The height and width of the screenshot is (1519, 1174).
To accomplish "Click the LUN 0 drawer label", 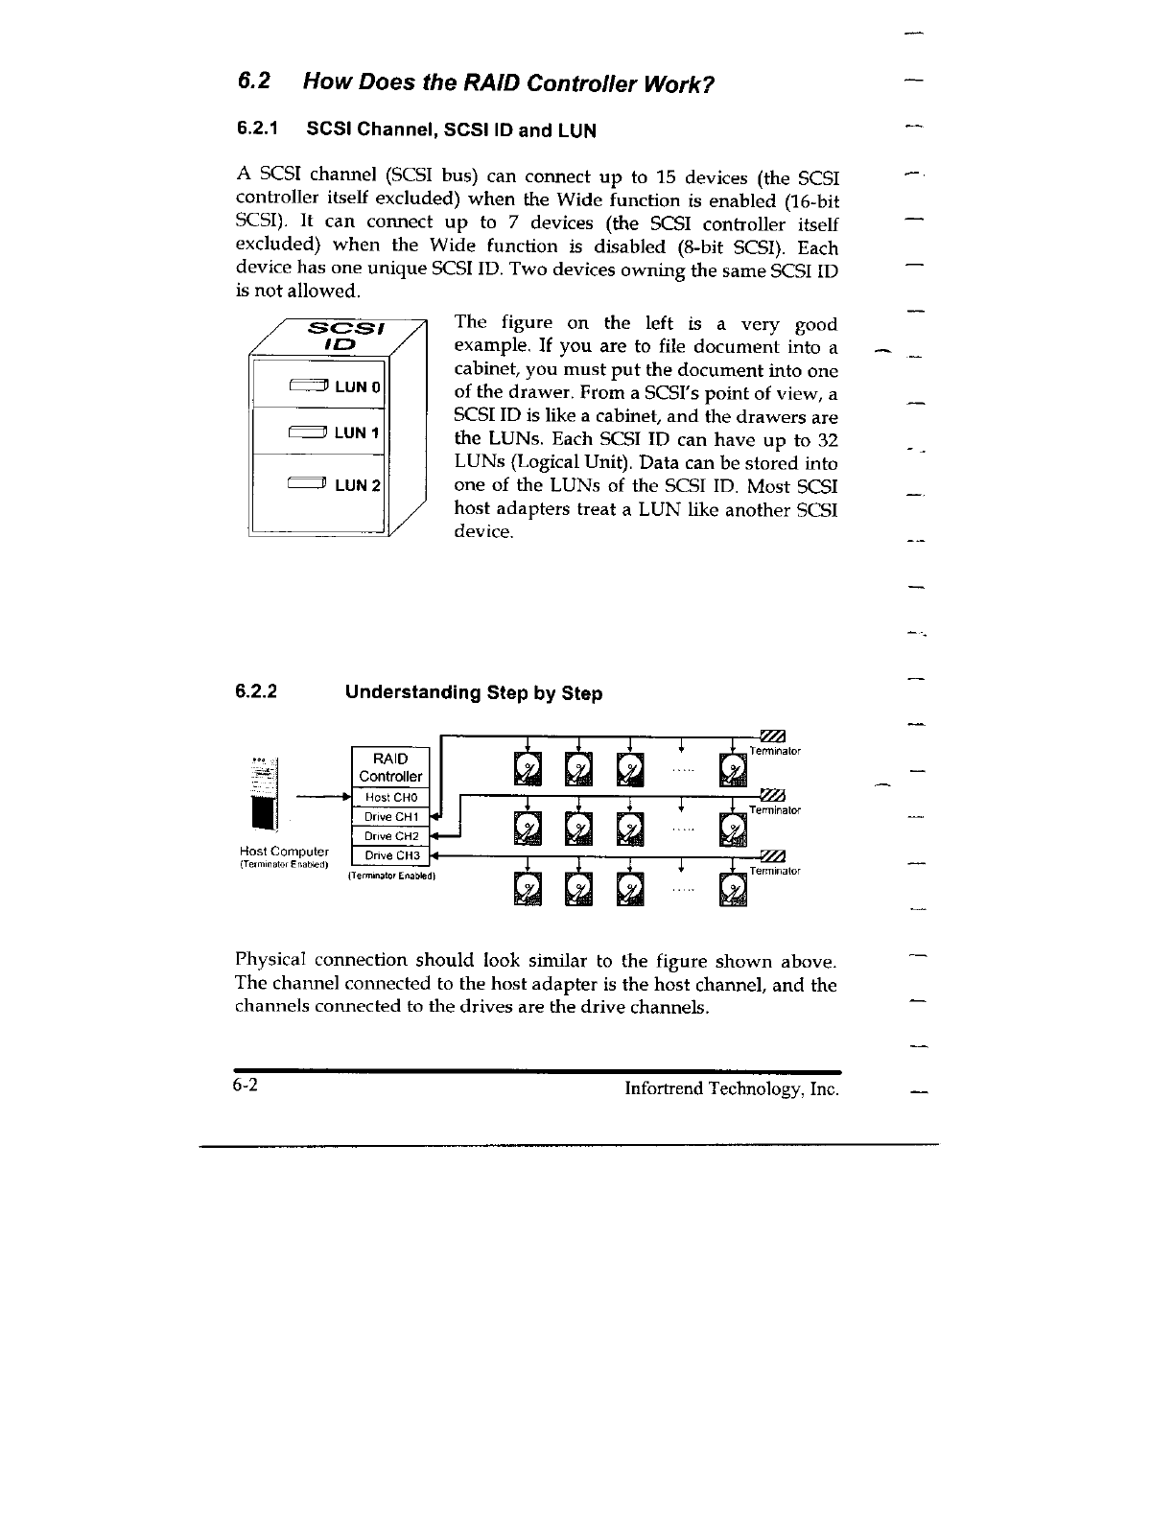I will click(357, 386).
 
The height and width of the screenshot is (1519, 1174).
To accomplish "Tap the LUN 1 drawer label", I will click(357, 432).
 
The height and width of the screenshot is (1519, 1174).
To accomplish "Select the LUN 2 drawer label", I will click(357, 485).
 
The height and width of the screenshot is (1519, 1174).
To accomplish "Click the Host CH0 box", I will click(390, 797).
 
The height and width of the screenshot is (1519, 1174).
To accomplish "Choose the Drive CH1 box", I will click(390, 816).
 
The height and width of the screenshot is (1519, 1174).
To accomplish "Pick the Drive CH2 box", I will click(390, 836).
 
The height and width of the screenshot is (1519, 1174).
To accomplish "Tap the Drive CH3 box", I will click(390, 855).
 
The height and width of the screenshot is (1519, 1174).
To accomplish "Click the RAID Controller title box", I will click(390, 767).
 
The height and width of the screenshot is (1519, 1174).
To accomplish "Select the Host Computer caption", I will click(284, 852).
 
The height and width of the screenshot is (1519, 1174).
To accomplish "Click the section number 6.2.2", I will click(257, 691).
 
